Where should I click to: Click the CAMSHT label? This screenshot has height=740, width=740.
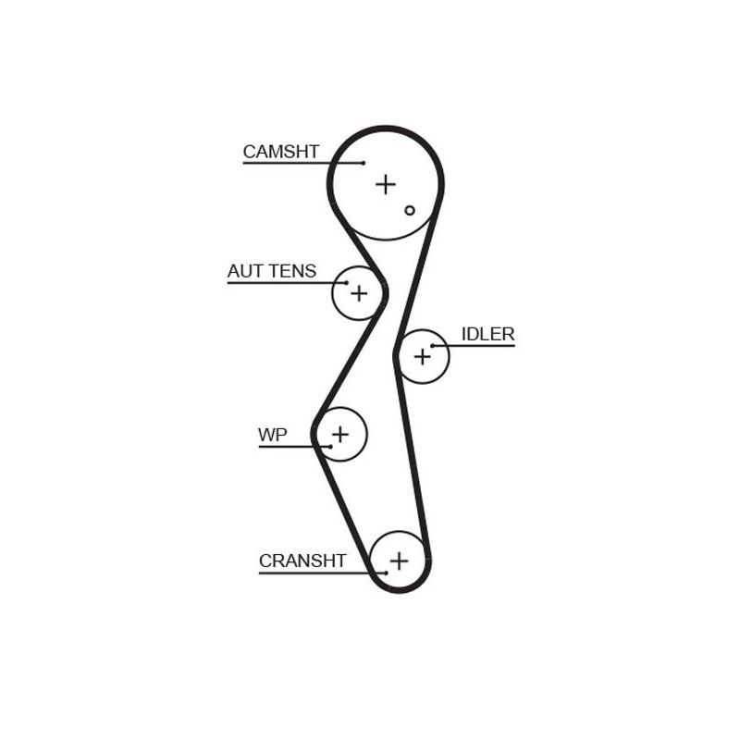(x=281, y=152)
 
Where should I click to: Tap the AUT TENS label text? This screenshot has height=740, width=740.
(x=272, y=271)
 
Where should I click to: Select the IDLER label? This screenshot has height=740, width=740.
(x=487, y=334)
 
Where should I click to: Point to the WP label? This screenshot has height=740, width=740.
(x=273, y=435)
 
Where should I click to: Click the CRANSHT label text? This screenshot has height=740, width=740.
(x=302, y=561)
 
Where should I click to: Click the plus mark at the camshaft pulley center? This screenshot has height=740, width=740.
(x=386, y=184)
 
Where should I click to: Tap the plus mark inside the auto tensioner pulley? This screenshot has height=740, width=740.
(x=359, y=293)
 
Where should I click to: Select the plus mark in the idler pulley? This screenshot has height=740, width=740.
(x=423, y=357)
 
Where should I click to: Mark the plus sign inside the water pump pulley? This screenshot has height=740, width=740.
(x=340, y=434)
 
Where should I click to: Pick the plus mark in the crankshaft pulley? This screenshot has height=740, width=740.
(x=400, y=561)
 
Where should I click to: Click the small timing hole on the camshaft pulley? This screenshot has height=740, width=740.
(x=410, y=211)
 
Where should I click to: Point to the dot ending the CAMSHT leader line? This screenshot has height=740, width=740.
(x=364, y=164)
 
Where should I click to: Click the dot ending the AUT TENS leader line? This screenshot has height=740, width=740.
(x=347, y=283)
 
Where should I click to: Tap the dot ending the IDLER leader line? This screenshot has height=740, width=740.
(x=432, y=346)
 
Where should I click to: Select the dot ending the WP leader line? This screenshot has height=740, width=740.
(x=331, y=447)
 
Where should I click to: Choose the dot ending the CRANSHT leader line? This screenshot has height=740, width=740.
(x=386, y=573)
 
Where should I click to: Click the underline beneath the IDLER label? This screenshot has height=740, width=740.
(x=474, y=346)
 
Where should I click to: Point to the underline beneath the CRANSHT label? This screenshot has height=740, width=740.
(x=322, y=573)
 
